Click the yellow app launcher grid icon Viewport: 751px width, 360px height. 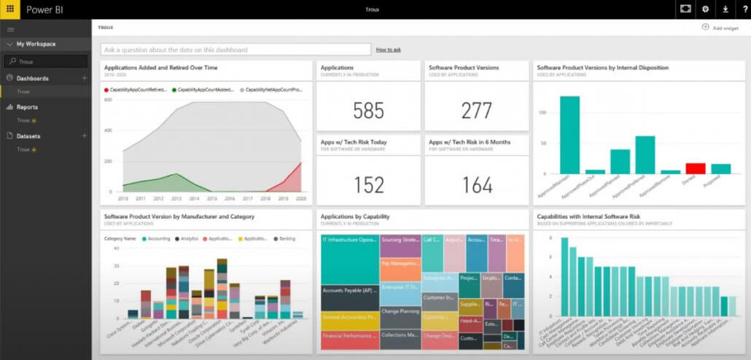tap(9, 9)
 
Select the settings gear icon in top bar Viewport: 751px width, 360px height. tap(705, 9)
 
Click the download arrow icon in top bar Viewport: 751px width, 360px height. tap(725, 9)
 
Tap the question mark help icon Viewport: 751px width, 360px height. tap(744, 9)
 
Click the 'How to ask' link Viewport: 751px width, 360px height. tap(388, 50)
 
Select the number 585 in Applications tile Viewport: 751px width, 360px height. tap(368, 110)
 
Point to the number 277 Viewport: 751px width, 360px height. tap(477, 110)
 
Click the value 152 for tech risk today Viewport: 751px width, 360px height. tap(368, 185)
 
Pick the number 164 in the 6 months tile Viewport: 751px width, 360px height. tap(477, 185)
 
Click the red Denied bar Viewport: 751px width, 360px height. tap(696, 168)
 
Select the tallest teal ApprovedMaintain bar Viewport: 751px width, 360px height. tap(569, 135)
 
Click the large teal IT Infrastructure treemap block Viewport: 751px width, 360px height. tap(349, 259)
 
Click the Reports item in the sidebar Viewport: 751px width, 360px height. tap(28, 107)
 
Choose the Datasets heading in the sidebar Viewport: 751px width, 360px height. tap(29, 136)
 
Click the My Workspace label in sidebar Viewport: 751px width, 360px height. tap(36, 44)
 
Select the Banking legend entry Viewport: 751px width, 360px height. tap(284, 238)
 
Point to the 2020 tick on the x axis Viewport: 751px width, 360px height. tap(300, 198)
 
